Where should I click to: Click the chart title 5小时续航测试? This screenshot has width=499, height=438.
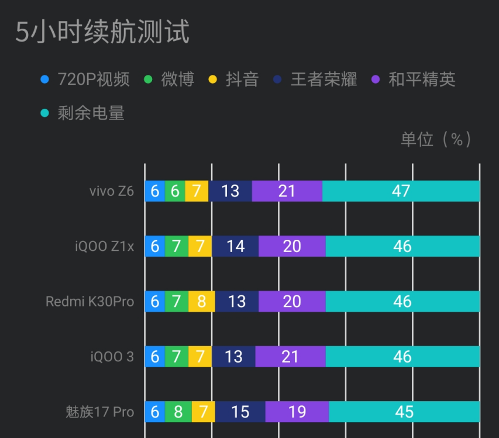click(102, 32)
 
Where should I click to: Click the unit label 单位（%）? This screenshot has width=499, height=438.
click(436, 139)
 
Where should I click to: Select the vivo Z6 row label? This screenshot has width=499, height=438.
click(111, 191)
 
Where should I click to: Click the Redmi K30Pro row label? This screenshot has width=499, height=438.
click(90, 302)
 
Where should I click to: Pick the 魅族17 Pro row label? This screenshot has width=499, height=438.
click(99, 412)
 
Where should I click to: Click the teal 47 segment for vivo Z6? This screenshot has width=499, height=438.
click(401, 191)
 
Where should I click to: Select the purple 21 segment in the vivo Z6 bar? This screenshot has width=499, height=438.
click(287, 191)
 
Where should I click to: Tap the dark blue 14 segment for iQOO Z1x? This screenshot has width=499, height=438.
click(235, 246)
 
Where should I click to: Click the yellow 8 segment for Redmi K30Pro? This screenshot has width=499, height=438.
click(201, 302)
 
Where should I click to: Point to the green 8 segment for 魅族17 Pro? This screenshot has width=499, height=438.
click(178, 412)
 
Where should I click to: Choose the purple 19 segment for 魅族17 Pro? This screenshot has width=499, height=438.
click(297, 412)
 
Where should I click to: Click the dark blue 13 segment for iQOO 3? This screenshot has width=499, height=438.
click(233, 357)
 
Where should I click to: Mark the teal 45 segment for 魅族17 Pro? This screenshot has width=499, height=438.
click(404, 412)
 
